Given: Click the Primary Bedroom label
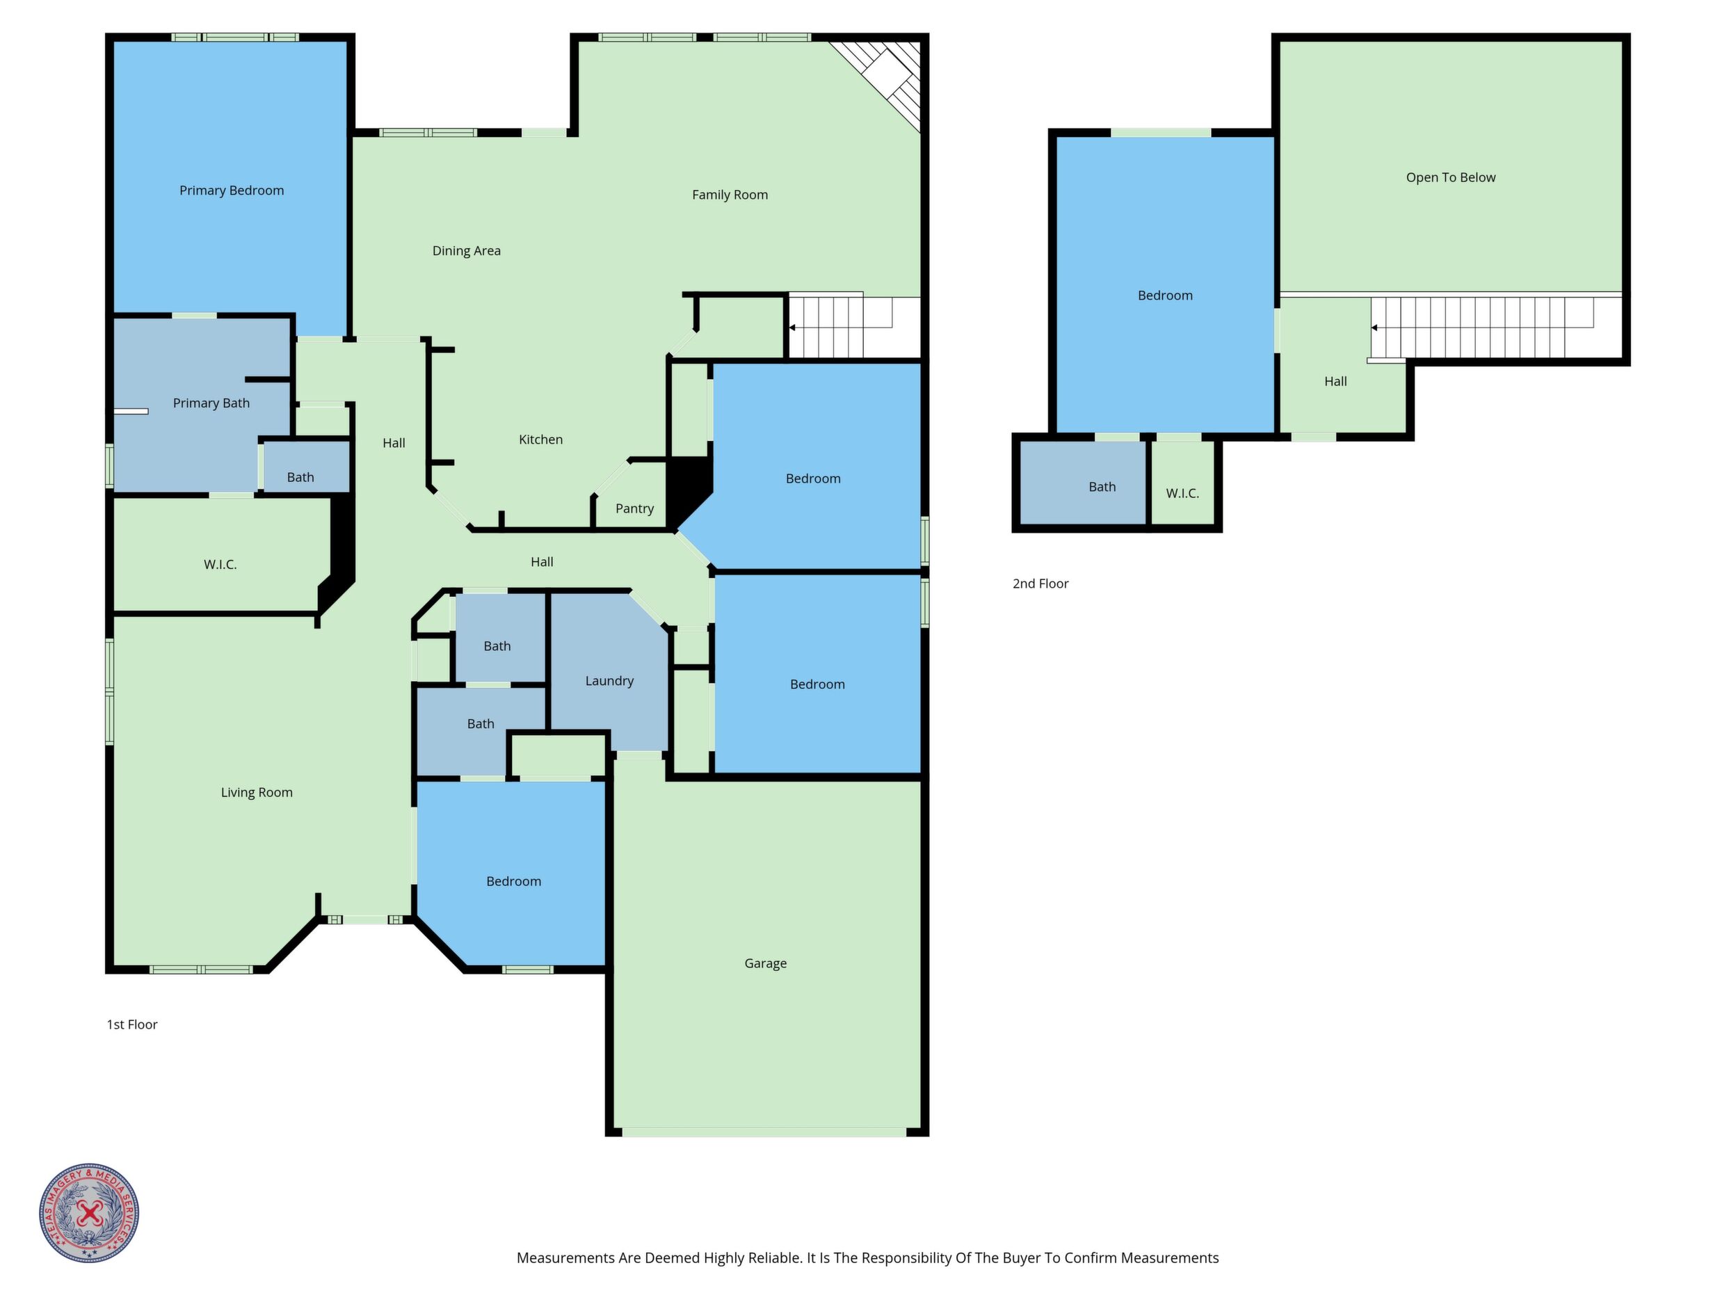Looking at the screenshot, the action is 232,191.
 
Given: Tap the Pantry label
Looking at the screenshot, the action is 634,508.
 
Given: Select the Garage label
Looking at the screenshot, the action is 765,964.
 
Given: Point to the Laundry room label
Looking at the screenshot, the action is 609,681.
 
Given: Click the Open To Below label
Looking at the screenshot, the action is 1450,177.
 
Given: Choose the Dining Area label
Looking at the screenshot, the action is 466,251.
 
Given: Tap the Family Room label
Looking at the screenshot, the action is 730,195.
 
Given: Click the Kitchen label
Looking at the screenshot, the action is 540,440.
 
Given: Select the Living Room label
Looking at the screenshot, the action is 257,793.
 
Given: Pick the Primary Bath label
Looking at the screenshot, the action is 211,403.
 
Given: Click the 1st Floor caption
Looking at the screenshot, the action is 132,1024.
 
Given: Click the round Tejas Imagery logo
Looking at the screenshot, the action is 90,1212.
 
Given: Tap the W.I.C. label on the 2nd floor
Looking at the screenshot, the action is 1182,494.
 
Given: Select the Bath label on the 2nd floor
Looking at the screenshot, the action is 1102,487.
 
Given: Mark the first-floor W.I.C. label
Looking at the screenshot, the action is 220,564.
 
